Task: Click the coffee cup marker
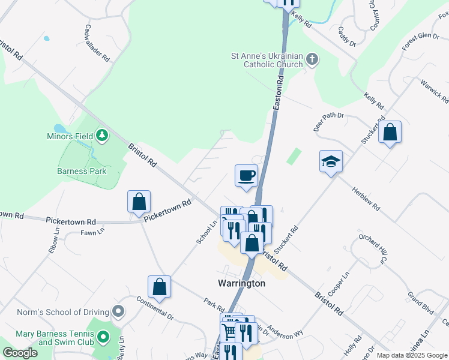246,176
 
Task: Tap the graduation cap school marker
331,161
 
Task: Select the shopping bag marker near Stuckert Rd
390,133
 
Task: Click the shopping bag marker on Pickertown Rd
139,202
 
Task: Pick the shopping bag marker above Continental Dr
160,287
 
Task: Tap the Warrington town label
241,283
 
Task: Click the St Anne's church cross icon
312,59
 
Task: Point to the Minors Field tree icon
102,136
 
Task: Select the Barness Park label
82,171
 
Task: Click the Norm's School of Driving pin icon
119,312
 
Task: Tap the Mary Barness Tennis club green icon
103,337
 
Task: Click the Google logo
20,353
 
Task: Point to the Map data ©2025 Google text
411,355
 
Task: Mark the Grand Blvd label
420,304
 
